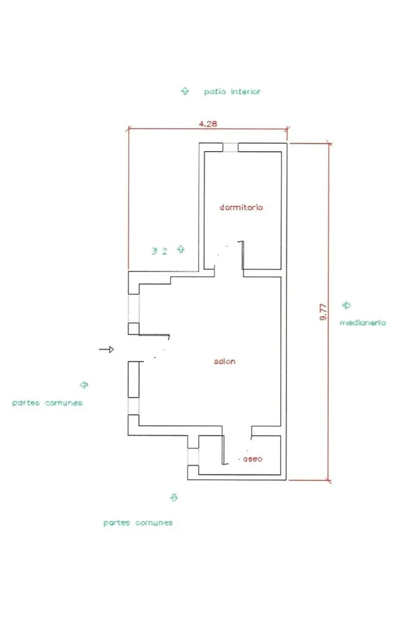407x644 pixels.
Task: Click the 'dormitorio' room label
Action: click(241, 208)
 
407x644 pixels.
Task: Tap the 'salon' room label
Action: click(224, 362)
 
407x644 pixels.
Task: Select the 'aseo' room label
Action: click(252, 459)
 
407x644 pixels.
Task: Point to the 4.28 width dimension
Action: click(208, 124)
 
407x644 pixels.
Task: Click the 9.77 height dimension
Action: click(323, 312)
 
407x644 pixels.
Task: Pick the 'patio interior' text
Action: click(232, 91)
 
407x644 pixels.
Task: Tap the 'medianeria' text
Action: click(363, 323)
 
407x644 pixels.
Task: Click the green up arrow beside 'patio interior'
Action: click(185, 91)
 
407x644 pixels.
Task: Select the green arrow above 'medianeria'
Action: click(347, 305)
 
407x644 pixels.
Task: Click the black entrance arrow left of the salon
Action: click(106, 350)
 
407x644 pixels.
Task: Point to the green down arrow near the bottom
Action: click(174, 497)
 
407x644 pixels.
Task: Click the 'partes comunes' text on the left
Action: click(47, 403)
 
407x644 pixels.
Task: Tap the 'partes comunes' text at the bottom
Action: click(138, 523)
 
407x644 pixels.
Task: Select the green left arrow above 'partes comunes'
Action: click(84, 385)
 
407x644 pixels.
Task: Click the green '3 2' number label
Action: click(159, 251)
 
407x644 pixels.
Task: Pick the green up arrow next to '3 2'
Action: click(181, 249)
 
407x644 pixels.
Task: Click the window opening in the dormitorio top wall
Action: click(230, 147)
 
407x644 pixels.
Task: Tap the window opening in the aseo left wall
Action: click(193, 457)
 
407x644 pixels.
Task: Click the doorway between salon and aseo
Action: click(238, 431)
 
